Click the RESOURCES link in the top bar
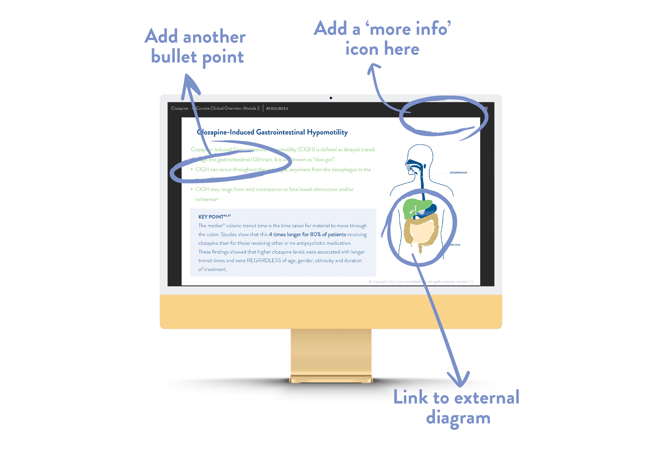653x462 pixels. [277, 109]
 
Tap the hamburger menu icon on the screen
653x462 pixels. [486, 108]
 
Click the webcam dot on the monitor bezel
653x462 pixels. [331, 98]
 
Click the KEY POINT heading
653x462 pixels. [211, 217]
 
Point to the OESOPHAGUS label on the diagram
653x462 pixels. [458, 173]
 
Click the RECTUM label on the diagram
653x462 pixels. [455, 245]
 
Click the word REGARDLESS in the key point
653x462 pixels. [264, 261]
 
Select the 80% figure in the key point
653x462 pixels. [315, 235]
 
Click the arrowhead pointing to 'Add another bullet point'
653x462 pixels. [188, 81]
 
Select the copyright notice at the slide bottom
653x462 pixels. [421, 282]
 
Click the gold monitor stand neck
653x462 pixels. [331, 353]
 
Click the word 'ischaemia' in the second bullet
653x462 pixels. [206, 199]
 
